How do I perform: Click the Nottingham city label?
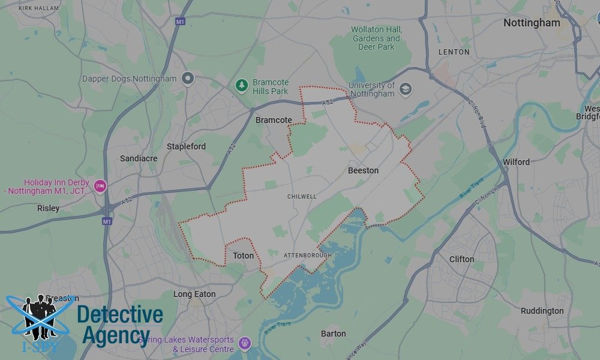pyautogui.click(x=532, y=23)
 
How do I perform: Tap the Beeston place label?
pyautogui.click(x=363, y=170)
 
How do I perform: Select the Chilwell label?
pyautogui.click(x=302, y=197)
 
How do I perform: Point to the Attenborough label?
pyautogui.click(x=307, y=256)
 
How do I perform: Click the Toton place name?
pyautogui.click(x=244, y=256)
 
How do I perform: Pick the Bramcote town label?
pyautogui.click(x=274, y=120)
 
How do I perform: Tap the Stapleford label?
pyautogui.click(x=186, y=146)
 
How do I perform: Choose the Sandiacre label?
pyautogui.click(x=139, y=158)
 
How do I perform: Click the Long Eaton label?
pyautogui.click(x=194, y=295)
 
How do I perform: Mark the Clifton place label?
pyautogui.click(x=461, y=259)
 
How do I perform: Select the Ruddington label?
pyautogui.click(x=542, y=311)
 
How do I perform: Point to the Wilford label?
pyautogui.click(x=516, y=162)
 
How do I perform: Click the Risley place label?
pyautogui.click(x=48, y=209)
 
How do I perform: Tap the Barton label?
pyautogui.click(x=333, y=334)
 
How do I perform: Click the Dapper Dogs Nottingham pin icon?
pyautogui.click(x=188, y=78)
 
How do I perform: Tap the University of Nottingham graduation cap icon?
pyautogui.click(x=406, y=89)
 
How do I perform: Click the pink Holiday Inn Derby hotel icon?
pyautogui.click(x=100, y=186)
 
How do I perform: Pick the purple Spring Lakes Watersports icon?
pyautogui.click(x=244, y=343)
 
